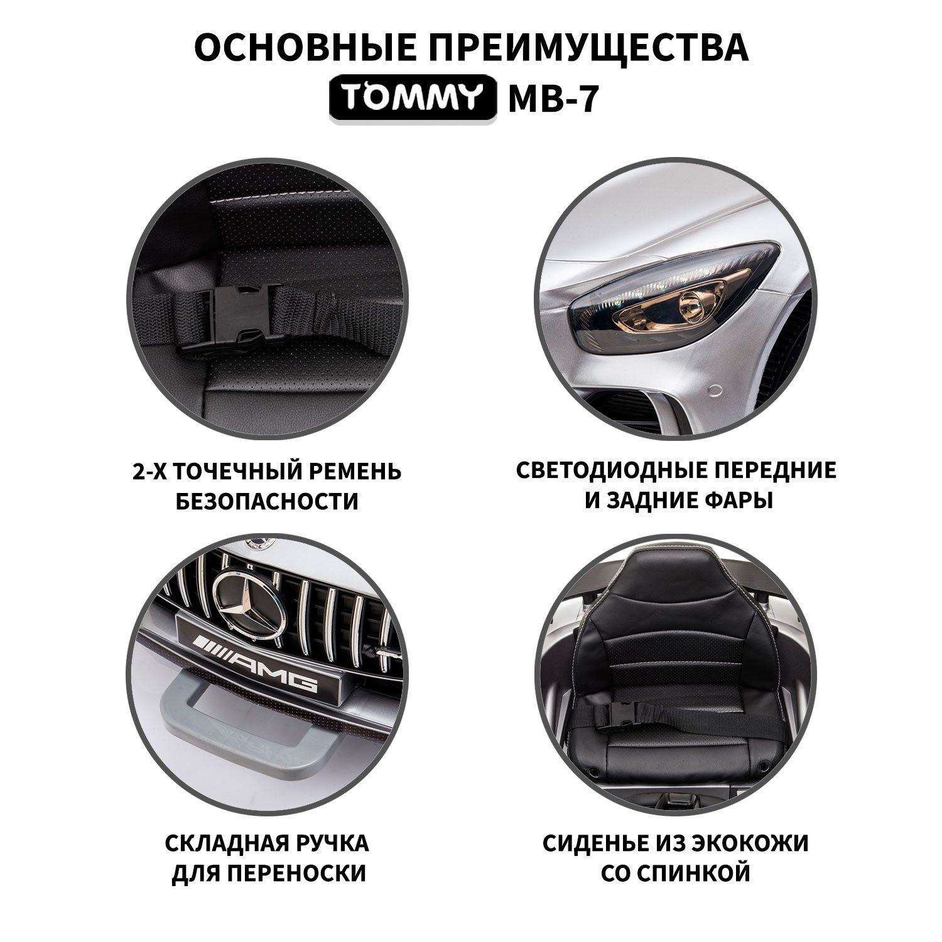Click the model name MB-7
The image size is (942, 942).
coord(552,99)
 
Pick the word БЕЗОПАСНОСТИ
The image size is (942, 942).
coord(268,501)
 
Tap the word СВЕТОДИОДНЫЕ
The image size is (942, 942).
coord(612,470)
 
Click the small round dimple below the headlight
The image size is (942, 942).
coord(714,392)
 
